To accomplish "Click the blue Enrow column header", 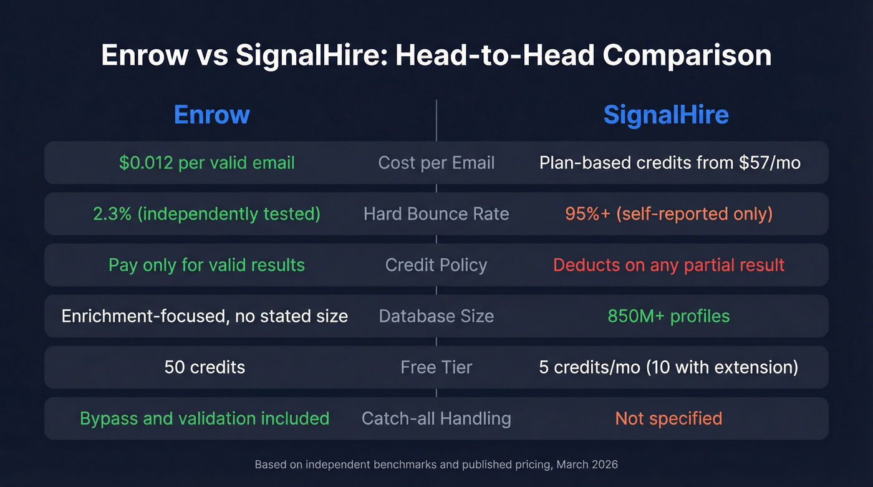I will (211, 115).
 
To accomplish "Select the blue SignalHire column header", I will (666, 115).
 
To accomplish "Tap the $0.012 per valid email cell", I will (206, 163).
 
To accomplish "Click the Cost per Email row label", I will (436, 163).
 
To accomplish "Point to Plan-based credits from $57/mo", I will (669, 163).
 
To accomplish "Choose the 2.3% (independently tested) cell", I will (206, 214).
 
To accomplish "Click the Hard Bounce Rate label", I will (436, 214).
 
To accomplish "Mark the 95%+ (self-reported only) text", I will (668, 214).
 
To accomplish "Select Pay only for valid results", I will (206, 265).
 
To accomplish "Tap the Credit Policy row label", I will (436, 265).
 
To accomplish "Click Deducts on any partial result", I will (668, 265).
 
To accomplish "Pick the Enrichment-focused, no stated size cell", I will (205, 316).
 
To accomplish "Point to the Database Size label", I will (436, 316).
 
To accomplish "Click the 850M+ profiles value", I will (668, 316).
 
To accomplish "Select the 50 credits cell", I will (205, 367).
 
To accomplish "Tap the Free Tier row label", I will (436, 367).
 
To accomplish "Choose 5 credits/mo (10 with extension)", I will (668, 367).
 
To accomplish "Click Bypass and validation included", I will (205, 418).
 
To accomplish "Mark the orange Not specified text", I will (668, 418).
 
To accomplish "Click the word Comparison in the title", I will (687, 56).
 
